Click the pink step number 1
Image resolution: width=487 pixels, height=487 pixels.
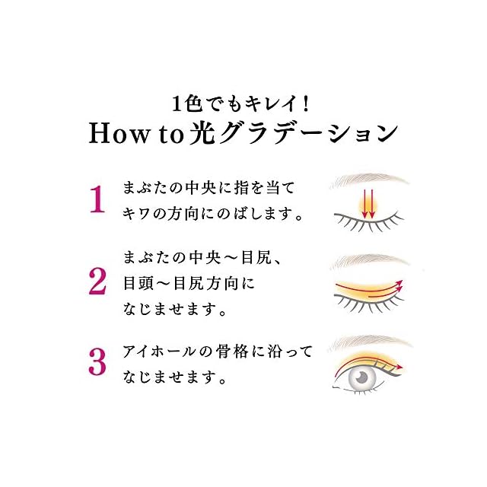(96, 200)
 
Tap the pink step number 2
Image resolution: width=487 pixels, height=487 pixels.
(97, 281)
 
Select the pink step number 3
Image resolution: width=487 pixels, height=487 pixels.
(97, 361)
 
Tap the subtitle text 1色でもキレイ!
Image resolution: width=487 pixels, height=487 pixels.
(243, 101)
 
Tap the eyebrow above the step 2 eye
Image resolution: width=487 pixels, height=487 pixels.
(369, 260)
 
